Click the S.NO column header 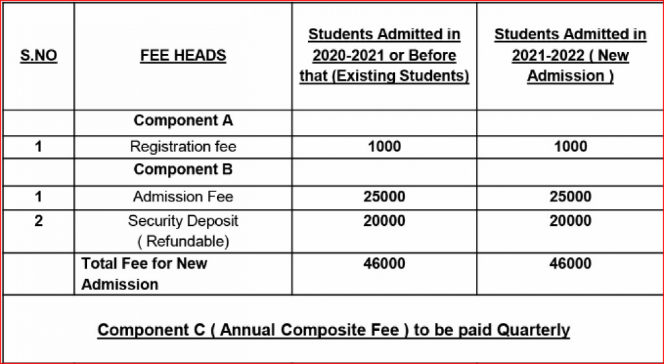pos(39,55)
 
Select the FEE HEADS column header pos(183,55)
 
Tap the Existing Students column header pos(384,55)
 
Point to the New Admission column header pos(570,55)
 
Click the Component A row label pos(183,121)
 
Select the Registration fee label pos(183,146)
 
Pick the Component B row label pos(183,169)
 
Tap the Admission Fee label pos(183,197)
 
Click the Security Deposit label pos(183,230)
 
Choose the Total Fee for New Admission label pos(144,274)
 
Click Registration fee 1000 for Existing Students pos(384,146)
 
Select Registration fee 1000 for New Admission pos(570,146)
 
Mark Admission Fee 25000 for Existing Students pos(384,197)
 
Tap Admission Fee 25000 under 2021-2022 pos(570,197)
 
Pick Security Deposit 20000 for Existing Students pos(384,221)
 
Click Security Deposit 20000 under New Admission pos(570,221)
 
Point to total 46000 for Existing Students pos(384,264)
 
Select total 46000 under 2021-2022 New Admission pos(570,264)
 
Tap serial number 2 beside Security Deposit pos(39,221)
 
